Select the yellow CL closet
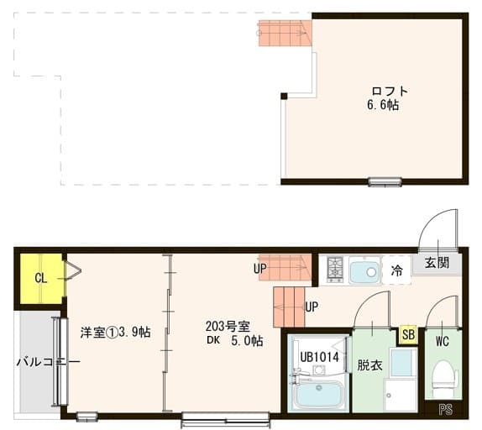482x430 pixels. tap(40, 278)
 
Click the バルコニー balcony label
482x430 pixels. tap(48, 362)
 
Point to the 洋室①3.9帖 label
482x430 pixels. tap(115, 333)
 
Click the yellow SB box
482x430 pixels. tap(408, 334)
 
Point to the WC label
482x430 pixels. tap(443, 342)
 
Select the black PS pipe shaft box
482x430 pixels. tap(444, 411)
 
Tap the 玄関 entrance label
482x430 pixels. tap(437, 263)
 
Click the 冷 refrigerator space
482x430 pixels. tap(396, 270)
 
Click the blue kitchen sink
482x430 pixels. tap(365, 271)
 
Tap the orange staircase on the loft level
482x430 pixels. tap(285, 34)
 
